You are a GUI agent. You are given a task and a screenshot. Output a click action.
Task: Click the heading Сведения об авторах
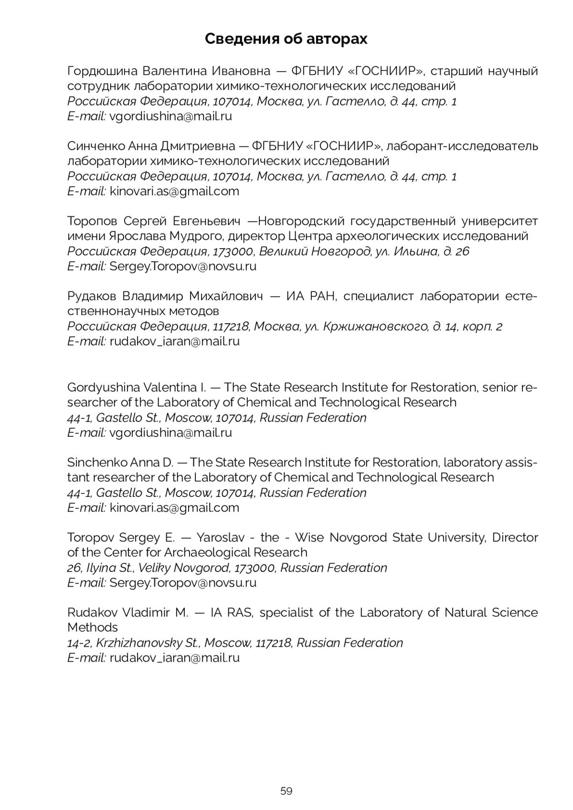click(286, 39)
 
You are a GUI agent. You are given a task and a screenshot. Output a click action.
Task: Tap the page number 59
click(286, 791)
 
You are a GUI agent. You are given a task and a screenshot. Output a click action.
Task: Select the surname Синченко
click(95, 146)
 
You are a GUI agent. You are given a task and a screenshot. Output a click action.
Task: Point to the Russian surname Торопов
click(92, 221)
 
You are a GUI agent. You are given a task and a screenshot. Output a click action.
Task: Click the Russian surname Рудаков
click(92, 296)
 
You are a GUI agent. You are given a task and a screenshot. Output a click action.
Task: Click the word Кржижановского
click(375, 326)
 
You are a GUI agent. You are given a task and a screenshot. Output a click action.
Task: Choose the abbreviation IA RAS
click(232, 612)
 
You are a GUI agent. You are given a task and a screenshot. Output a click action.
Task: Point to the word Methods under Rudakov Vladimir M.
click(93, 627)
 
